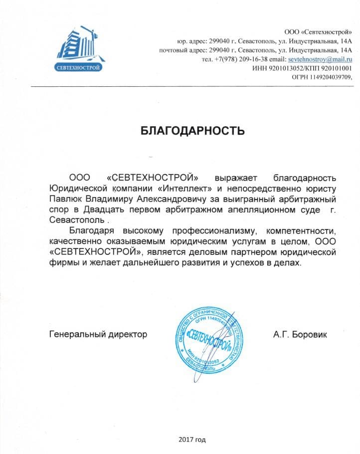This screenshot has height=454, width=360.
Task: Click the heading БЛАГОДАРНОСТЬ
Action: coord(192,131)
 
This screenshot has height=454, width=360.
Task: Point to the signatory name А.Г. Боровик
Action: coord(300,334)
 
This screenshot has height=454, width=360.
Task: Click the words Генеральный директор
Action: coord(98,334)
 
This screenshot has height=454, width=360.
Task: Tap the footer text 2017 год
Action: coord(191,440)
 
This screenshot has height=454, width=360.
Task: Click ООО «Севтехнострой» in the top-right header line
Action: coord(319,32)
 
